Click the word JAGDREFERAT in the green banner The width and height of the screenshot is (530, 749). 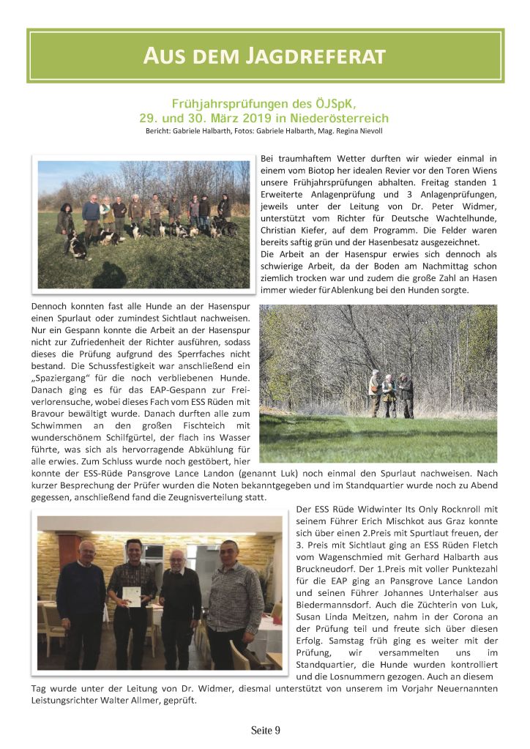tap(314, 56)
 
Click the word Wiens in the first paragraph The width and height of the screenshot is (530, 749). tap(483, 171)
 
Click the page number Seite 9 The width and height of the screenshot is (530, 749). tap(265, 730)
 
